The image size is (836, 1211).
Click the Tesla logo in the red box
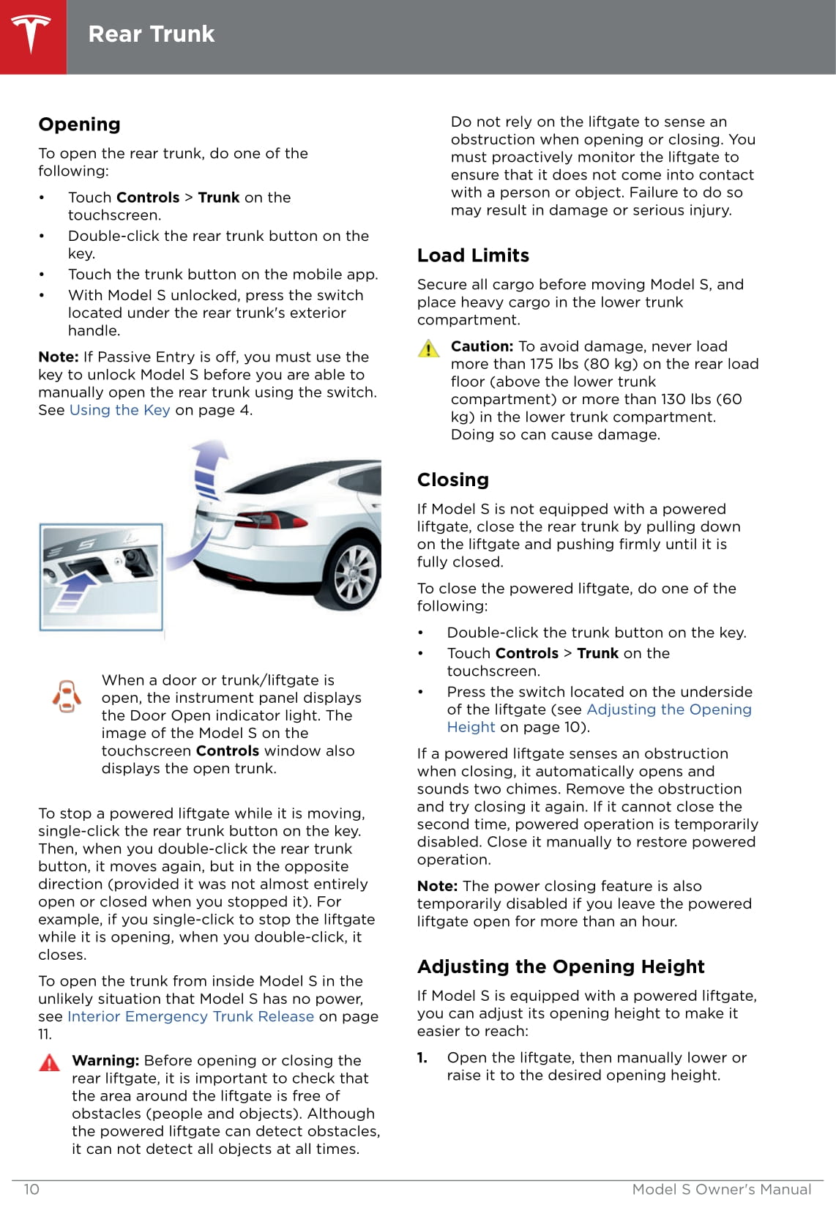coord(31,34)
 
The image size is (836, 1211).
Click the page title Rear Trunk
coord(151,34)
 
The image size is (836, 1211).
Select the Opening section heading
coord(79,124)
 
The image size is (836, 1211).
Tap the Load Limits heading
coord(473,256)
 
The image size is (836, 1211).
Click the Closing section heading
coord(452,480)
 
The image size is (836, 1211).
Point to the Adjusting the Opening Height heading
coord(560,967)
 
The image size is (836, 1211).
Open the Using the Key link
coord(119,410)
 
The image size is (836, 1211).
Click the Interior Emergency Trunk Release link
coord(190,1016)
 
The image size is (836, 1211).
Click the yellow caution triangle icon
coord(428,349)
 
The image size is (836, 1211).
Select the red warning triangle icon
coord(49,1062)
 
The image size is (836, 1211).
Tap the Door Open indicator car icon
coord(67,696)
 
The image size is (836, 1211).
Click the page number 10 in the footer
coord(31,1189)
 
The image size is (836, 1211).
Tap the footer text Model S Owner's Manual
coord(721,1189)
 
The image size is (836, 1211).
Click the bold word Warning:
coord(105,1060)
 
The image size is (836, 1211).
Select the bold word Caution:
coord(482,346)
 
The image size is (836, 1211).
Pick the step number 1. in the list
coord(422,1057)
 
